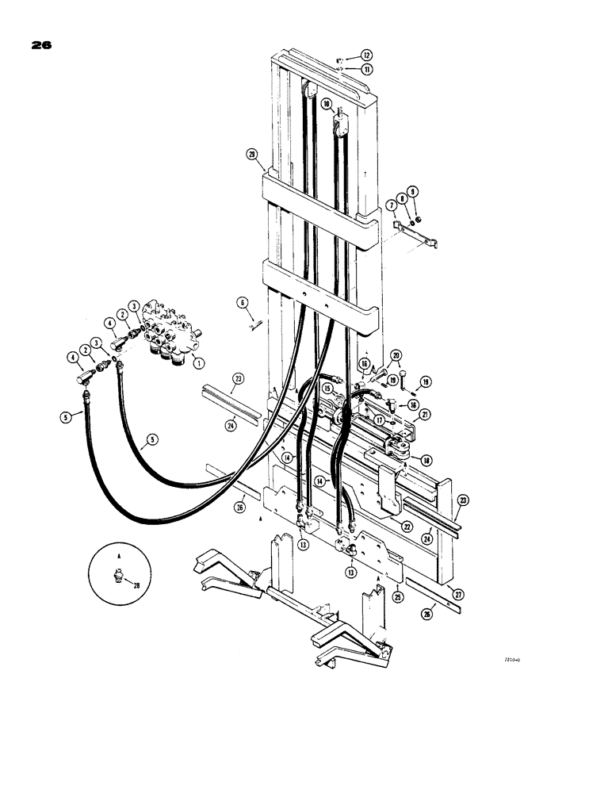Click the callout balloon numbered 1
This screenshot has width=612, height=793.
[198, 363]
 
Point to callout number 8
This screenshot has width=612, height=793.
[403, 198]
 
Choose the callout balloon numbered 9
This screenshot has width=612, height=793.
[413, 191]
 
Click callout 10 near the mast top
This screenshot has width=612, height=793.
[326, 103]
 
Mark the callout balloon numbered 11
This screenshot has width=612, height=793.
[368, 70]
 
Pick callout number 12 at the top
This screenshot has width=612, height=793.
[367, 56]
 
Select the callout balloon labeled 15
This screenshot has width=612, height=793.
[326, 387]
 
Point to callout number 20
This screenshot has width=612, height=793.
[396, 355]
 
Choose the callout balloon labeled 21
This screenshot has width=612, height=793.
[426, 415]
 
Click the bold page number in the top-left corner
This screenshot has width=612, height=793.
[41, 46]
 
